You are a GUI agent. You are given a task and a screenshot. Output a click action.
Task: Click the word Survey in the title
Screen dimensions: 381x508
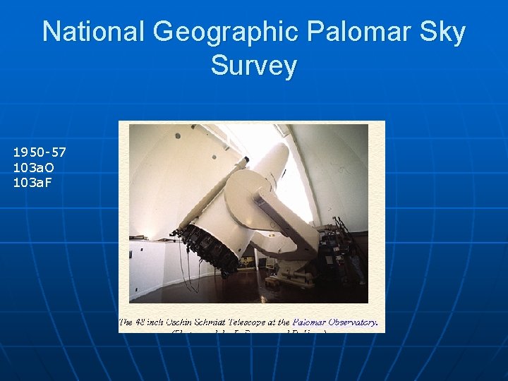(x=254, y=66)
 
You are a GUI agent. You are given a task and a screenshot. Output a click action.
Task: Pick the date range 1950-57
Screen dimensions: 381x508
(x=40, y=152)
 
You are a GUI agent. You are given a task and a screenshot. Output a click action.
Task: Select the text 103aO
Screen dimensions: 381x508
(x=32, y=167)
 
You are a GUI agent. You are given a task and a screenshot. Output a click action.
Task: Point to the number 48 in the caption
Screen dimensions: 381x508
(x=145, y=322)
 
